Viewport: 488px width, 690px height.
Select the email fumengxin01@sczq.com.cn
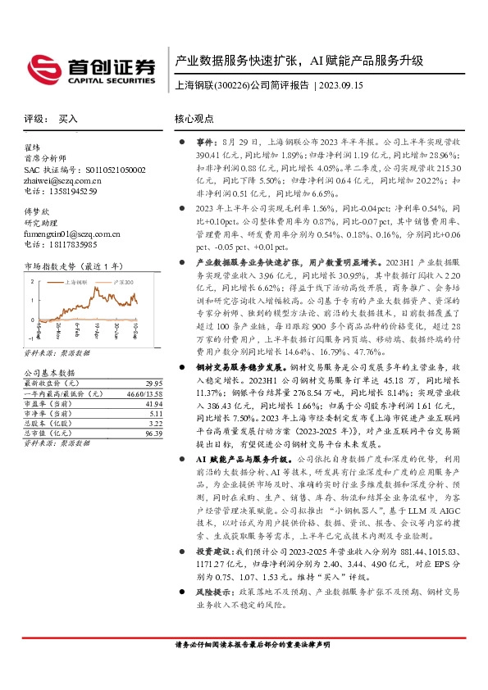click(72, 234)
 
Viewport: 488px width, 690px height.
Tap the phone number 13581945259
click(71, 191)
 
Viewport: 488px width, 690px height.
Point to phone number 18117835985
click(71, 244)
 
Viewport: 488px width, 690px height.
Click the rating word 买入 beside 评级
click(67, 118)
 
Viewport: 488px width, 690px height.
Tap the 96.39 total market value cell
click(148, 433)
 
